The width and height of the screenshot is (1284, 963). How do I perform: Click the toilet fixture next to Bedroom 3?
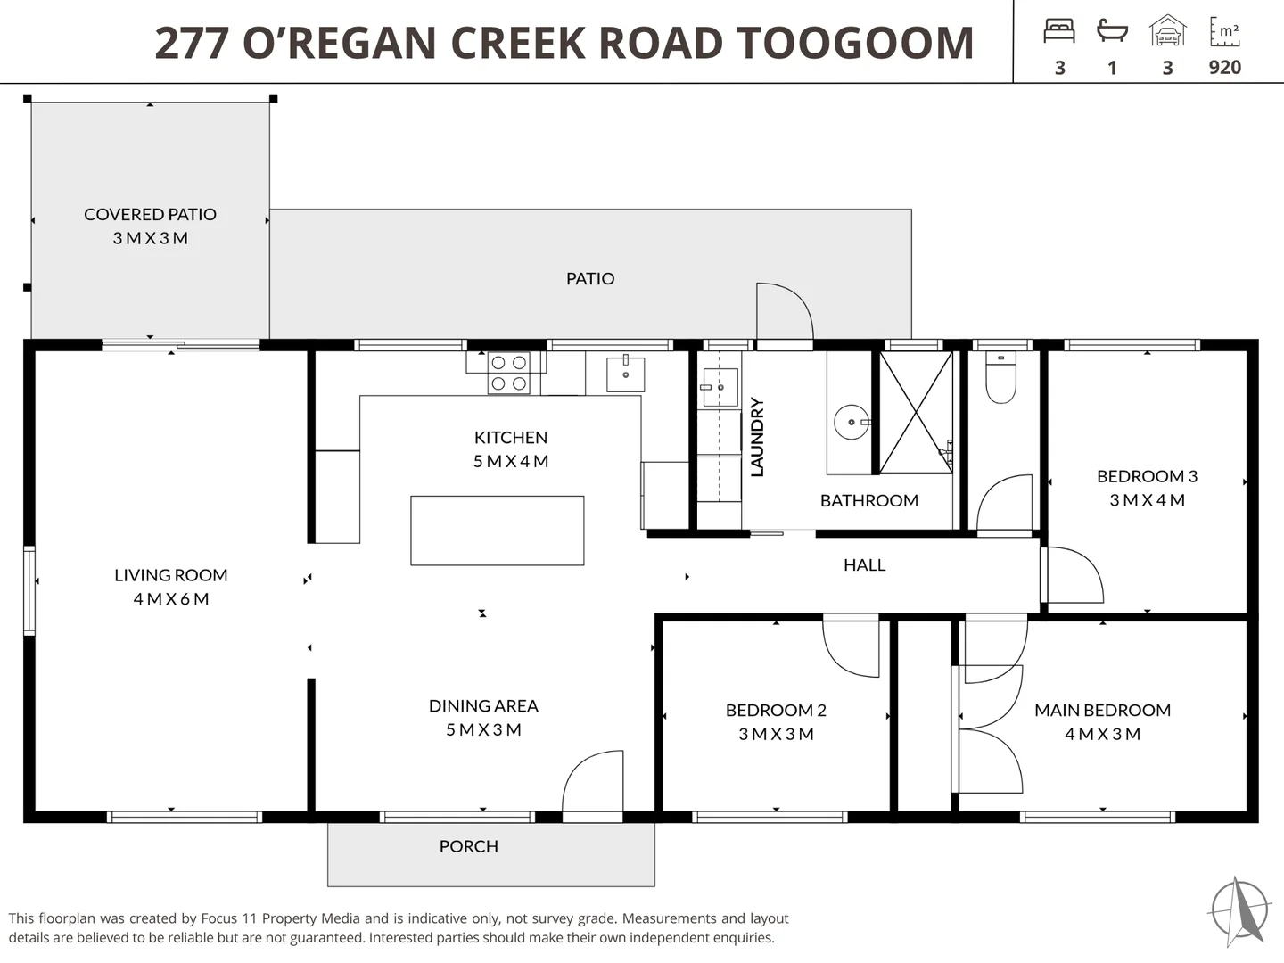click(1000, 377)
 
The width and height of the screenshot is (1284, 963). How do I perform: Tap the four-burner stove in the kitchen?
click(509, 373)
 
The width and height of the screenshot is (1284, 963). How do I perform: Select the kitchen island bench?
click(498, 531)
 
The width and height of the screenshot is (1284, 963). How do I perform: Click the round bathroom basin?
click(852, 422)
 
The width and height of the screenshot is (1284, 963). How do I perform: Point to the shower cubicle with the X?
click(916, 412)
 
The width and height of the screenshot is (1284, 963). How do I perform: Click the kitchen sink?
click(625, 374)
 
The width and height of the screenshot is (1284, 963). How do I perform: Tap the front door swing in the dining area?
click(593, 781)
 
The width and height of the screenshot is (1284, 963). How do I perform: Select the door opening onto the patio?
click(785, 312)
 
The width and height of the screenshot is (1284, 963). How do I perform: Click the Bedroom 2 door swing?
click(852, 646)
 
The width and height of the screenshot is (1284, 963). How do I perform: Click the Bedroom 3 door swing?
click(1073, 575)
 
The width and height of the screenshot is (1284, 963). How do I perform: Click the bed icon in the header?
click(1059, 31)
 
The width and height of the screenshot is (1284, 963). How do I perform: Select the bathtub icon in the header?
click(1112, 30)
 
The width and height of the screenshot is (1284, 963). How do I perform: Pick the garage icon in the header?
click(1167, 30)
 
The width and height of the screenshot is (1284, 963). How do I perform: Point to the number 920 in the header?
click(1225, 67)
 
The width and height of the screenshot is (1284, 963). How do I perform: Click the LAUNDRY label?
click(757, 437)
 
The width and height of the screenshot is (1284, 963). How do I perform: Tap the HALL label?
click(864, 564)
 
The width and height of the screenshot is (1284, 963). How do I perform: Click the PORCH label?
click(468, 846)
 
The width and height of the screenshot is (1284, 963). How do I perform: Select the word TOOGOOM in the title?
click(854, 43)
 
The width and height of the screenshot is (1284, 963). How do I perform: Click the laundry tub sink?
click(720, 387)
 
